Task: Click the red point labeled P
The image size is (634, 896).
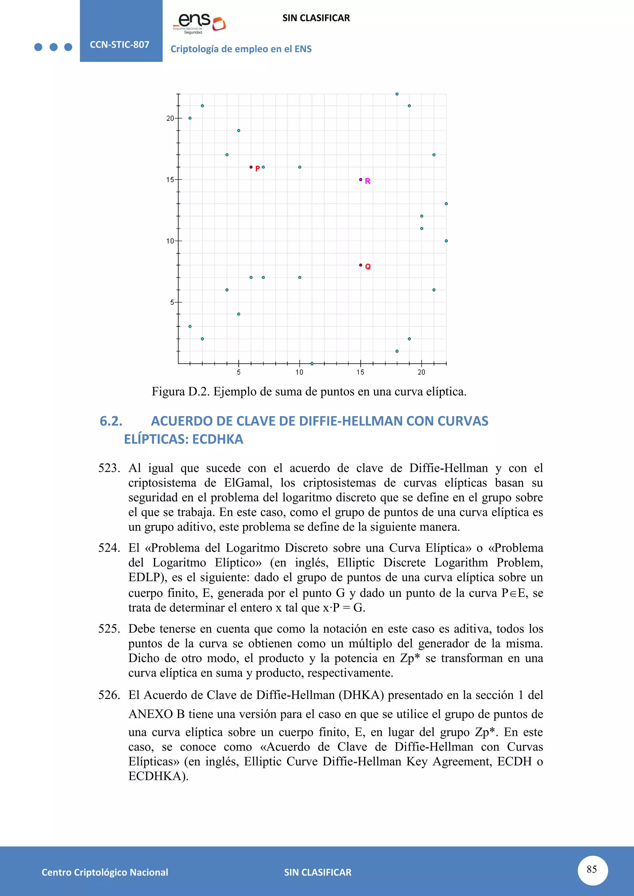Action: (251, 167)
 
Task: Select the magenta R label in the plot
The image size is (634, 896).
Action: (367, 181)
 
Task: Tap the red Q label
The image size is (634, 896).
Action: (368, 267)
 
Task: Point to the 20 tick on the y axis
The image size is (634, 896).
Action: (170, 118)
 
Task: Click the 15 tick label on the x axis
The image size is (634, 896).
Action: (360, 372)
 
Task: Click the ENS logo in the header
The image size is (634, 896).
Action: (199, 23)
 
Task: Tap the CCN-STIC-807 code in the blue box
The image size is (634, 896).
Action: (119, 45)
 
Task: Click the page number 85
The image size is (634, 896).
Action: (592, 869)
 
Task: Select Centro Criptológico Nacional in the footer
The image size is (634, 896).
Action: (105, 872)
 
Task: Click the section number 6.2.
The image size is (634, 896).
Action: (111, 421)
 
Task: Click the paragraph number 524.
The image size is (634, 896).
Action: (109, 548)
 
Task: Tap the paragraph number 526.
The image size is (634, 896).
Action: (109, 695)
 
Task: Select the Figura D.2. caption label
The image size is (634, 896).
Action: (180, 391)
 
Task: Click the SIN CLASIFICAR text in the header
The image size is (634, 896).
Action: (316, 18)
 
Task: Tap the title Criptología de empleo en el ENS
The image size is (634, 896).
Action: (241, 49)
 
